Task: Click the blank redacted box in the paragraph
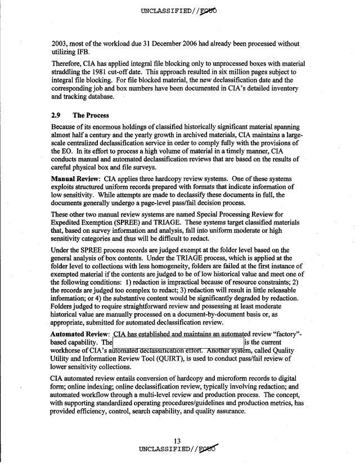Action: tap(178, 343)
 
